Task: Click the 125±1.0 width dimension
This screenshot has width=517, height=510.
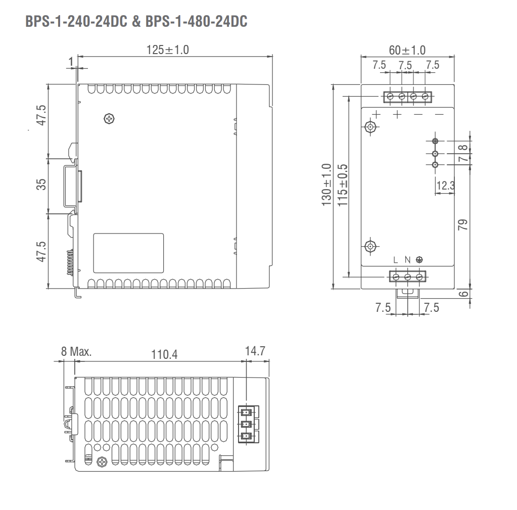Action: pos(167,50)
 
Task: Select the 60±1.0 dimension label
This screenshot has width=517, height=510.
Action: pos(407,51)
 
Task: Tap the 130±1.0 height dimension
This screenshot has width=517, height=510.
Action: pos(326,184)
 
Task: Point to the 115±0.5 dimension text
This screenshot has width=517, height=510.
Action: pos(343,185)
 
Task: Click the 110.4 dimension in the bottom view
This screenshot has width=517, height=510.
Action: pos(164,355)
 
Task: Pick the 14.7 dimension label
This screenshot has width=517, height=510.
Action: pos(255,351)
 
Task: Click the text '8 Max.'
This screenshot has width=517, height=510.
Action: pos(76,351)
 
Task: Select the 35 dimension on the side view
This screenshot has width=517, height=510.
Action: pos(41,184)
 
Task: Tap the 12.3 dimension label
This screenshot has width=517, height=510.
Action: pos(445,186)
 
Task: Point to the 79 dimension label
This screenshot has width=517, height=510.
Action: pos(463,224)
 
